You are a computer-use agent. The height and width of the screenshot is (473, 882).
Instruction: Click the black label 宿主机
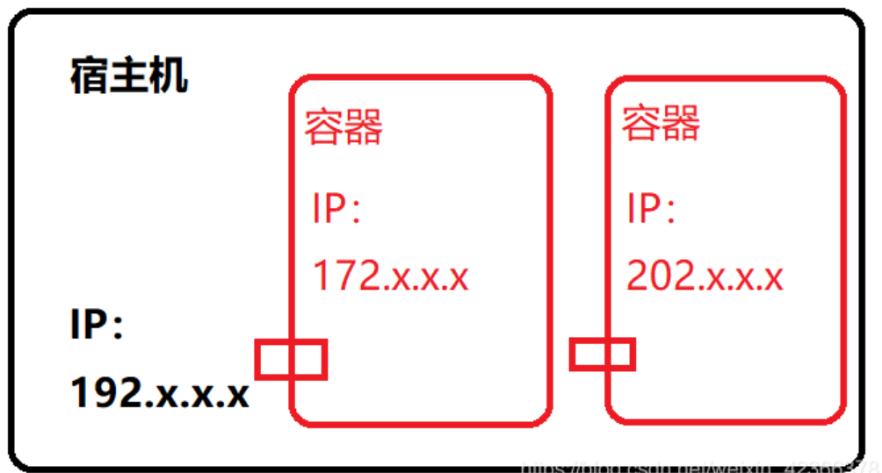coord(128,77)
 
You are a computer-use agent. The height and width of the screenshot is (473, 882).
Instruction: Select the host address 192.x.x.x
coord(160,392)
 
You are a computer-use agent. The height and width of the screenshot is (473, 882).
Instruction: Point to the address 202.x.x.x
coord(705,276)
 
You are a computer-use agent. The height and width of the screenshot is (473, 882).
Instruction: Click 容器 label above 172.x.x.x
coord(343,127)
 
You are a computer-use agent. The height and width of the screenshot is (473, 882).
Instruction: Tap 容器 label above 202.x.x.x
coord(661,123)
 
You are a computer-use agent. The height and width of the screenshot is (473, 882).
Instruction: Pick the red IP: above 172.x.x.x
coord(337,211)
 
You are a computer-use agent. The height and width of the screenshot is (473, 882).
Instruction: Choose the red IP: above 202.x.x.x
coord(651,211)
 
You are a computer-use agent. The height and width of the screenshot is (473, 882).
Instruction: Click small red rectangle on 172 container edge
coord(291,359)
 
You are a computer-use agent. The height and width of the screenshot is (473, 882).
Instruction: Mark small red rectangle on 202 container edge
coord(603,355)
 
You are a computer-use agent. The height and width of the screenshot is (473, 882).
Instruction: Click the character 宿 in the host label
coord(89,77)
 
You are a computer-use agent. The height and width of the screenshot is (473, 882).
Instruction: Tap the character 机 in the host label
coord(169,77)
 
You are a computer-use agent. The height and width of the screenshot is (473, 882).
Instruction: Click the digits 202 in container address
coord(659,276)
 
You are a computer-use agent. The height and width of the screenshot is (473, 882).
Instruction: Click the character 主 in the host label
coord(128,77)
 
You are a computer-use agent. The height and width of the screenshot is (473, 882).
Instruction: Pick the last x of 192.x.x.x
coord(237,395)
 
